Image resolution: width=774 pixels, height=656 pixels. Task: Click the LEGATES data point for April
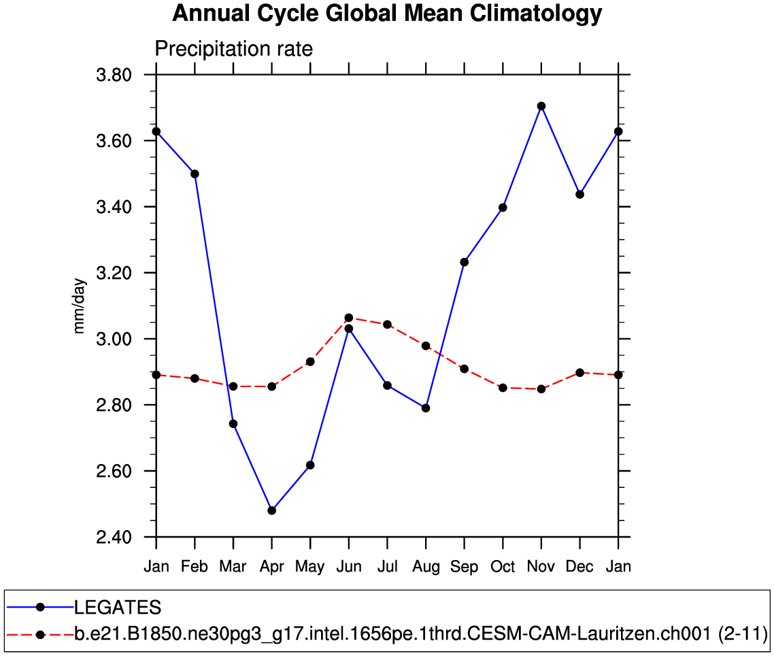[x=272, y=510]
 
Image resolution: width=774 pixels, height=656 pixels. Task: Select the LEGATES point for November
[x=541, y=106]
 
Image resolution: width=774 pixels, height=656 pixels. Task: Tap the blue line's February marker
[x=195, y=174]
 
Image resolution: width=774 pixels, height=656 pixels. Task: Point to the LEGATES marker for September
[x=465, y=262]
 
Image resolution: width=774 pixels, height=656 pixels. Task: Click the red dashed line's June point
[x=349, y=318]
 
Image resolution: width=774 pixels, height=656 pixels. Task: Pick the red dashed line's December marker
[x=580, y=372]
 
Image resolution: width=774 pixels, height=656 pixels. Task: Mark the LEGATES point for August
[x=426, y=408]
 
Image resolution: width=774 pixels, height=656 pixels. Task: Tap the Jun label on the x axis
[x=348, y=567]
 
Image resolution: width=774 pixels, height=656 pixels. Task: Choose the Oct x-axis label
[x=503, y=567]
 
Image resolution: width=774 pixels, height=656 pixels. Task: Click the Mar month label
[x=233, y=567]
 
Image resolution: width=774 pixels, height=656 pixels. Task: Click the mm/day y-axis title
[x=80, y=306]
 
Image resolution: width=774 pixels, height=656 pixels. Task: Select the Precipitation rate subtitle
[x=234, y=49]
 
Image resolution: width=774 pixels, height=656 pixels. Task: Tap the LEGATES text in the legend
[x=118, y=607]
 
